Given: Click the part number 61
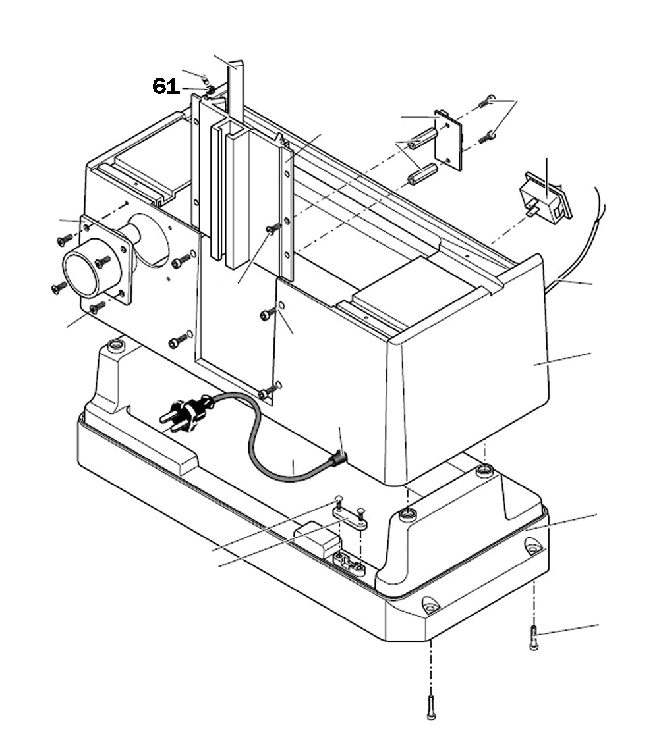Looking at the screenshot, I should click(x=165, y=86).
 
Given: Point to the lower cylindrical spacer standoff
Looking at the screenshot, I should click(x=422, y=174).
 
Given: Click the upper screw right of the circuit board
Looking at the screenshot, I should click(x=486, y=101).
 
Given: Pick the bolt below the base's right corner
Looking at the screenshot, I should click(x=534, y=638).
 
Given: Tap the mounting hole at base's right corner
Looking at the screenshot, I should click(x=533, y=546).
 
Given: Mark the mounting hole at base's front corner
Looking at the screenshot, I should click(x=430, y=604).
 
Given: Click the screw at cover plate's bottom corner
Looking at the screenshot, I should click(x=267, y=393).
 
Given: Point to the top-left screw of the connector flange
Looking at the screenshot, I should click(x=64, y=240).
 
